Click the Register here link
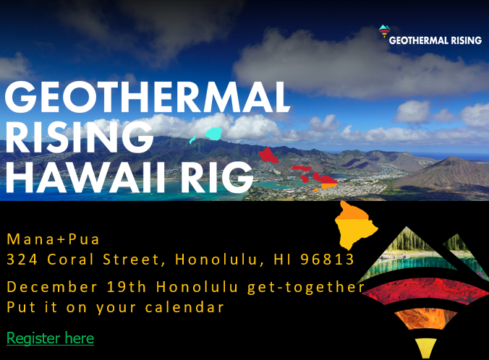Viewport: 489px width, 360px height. pos(50,338)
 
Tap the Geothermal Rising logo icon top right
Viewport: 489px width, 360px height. pos(383,33)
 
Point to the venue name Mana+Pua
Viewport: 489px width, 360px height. pos(53,239)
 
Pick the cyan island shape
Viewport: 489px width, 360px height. pos(213,134)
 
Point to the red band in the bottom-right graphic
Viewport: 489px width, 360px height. pos(423,291)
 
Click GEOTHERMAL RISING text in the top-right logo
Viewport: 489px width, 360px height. pos(435,40)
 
